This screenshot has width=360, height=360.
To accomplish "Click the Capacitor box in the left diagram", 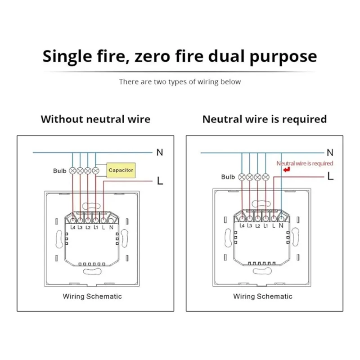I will coord(121,171).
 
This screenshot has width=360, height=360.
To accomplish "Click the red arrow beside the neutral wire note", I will coord(285,171).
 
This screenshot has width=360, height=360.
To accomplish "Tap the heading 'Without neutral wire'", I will coord(95,119).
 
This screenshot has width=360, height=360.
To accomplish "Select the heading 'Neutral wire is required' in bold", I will coord(265,119).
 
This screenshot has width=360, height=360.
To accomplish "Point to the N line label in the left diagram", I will coord(159,153).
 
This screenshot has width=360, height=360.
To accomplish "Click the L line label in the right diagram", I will coord(330,177).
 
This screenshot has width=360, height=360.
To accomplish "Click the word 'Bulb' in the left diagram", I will coord(59,171).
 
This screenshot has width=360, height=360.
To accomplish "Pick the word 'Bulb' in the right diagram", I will coord(228,177).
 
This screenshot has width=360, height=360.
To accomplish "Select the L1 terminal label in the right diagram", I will coord(265,225).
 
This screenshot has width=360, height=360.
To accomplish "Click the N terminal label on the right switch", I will coord(281,225).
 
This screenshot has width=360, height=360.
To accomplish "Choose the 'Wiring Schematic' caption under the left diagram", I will coord(92,296).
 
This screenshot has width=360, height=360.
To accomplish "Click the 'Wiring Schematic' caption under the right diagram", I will coord(263,296).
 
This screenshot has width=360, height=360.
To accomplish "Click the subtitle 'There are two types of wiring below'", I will coord(180,81).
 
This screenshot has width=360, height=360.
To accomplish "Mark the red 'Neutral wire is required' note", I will coord(305,163).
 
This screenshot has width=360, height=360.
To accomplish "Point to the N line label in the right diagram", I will coord(330,153).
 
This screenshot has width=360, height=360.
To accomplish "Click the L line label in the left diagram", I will coord(159,181).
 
